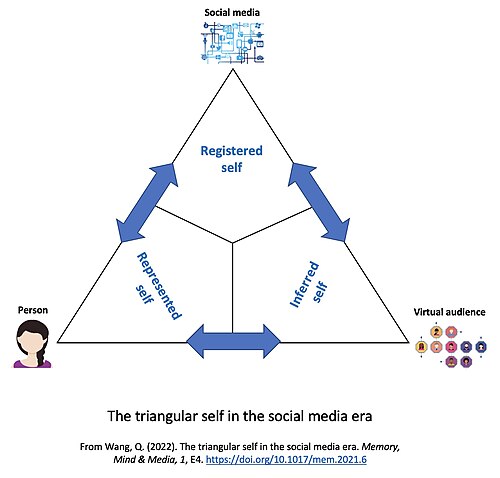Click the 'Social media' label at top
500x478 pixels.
(232, 13)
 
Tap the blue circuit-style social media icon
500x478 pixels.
(233, 42)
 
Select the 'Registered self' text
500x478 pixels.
(232, 159)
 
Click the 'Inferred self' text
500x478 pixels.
(309, 284)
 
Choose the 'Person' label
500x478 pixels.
(33, 310)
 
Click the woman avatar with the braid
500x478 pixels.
(33, 344)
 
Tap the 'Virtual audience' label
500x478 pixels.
(449, 312)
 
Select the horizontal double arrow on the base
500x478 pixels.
(233, 341)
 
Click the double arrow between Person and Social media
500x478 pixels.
(147, 202)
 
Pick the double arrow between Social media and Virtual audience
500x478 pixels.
(319, 202)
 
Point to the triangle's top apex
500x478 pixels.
(233, 69)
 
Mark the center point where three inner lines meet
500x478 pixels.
(232, 243)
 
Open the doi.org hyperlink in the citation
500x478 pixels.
(286, 460)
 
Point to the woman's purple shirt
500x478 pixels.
(32, 363)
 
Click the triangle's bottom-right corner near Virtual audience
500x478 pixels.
(408, 342)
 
